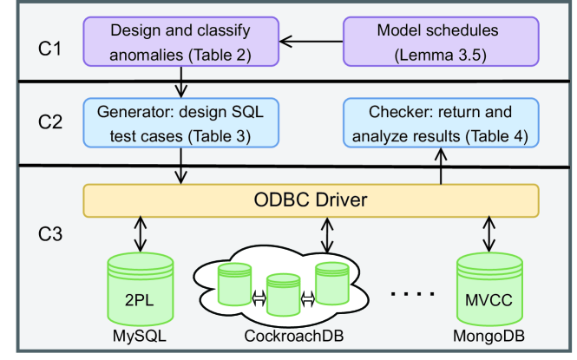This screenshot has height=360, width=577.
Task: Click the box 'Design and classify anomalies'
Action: [180, 43]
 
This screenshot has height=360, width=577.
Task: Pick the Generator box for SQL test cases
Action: [180, 123]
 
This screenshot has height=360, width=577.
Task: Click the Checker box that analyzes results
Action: [438, 123]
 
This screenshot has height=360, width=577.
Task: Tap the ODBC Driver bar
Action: [311, 201]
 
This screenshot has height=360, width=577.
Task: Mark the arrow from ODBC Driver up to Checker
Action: [440, 164]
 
